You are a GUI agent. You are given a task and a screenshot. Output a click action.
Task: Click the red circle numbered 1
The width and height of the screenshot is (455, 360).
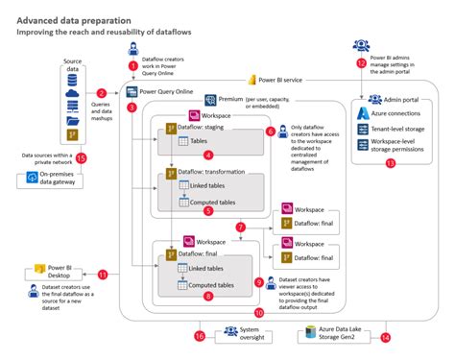point(133,65)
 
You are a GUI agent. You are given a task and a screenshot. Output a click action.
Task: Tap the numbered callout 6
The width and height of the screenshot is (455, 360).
point(271,131)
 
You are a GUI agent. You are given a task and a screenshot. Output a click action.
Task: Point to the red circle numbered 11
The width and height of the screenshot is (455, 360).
point(102,275)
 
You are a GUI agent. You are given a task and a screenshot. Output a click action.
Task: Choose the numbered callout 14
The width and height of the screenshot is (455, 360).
point(386,337)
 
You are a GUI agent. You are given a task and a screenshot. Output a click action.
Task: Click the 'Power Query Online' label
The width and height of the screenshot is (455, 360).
point(166,92)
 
